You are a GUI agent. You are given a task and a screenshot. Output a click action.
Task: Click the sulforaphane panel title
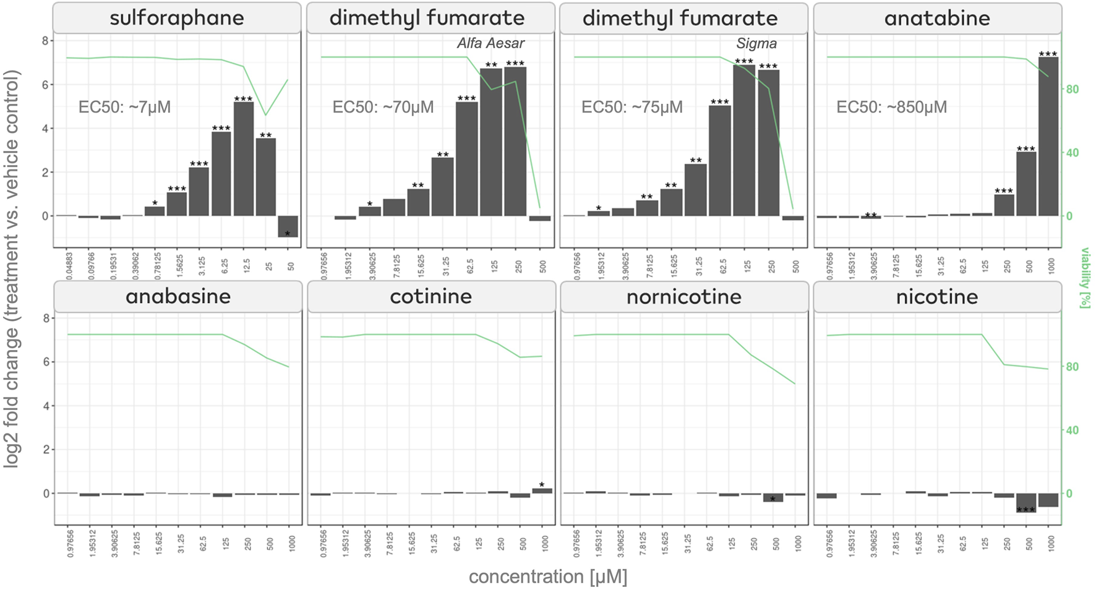tap(177, 18)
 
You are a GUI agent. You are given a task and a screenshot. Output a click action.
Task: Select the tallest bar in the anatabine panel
tap(1048, 136)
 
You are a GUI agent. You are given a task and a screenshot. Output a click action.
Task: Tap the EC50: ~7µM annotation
tap(124, 107)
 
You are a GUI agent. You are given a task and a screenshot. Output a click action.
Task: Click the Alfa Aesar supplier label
tap(490, 43)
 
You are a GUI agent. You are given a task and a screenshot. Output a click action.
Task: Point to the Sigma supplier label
tap(756, 43)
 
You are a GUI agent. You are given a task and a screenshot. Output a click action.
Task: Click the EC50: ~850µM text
tap(891, 107)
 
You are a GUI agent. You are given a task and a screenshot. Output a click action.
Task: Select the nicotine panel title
tap(936, 297)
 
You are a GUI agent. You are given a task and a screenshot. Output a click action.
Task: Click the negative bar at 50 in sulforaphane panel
tap(288, 226)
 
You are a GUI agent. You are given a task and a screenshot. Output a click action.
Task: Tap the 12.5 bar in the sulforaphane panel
tap(244, 159)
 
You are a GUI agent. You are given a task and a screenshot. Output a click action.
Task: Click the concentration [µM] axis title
tap(547, 576)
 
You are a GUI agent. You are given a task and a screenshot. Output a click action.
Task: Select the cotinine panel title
tap(430, 297)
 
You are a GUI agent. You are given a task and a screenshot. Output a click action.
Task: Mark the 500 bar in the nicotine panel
tap(1025, 502)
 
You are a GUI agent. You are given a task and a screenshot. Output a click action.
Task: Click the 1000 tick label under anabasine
tap(292, 544)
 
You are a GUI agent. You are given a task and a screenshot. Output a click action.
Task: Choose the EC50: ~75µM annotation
tap(631, 107)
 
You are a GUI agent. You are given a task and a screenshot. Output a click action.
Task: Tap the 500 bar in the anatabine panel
tap(1025, 184)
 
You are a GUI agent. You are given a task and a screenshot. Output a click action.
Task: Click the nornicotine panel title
tap(683, 297)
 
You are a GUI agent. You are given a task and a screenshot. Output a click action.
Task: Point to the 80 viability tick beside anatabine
tap(1072, 90)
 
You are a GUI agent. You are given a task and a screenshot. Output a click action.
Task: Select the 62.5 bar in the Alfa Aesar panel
tap(467, 159)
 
